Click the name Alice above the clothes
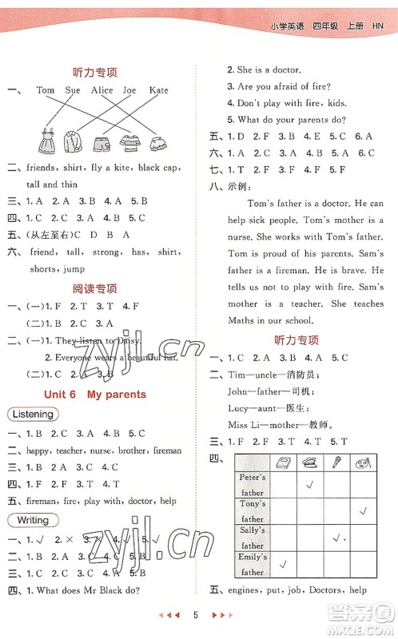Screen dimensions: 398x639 pyautogui.click(x=101, y=90)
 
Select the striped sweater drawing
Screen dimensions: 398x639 pyautogui.click(x=129, y=143)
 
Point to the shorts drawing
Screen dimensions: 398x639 pyautogui.click(x=101, y=144)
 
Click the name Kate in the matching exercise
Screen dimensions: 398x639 pyautogui.click(x=159, y=90)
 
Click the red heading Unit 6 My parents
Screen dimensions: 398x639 pyautogui.click(x=97, y=394)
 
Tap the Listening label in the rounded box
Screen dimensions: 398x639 pyautogui.click(x=33, y=415)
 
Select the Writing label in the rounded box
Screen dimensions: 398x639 pyautogui.click(x=30, y=520)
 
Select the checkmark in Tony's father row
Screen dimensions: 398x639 pyautogui.click(x=364, y=510)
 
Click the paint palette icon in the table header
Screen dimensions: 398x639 pyautogui.click(x=364, y=462)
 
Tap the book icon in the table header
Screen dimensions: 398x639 pyautogui.click(x=283, y=462)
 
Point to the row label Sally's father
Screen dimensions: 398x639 pyautogui.click(x=253, y=537)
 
